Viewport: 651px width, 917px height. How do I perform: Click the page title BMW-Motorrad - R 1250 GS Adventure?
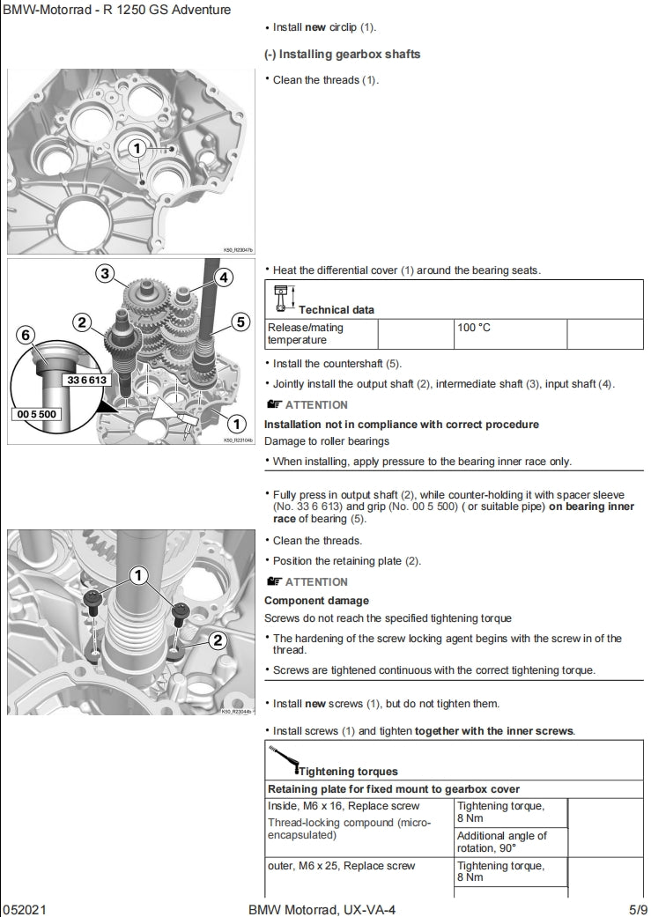click(x=117, y=10)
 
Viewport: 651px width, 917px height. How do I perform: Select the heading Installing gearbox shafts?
click(x=343, y=54)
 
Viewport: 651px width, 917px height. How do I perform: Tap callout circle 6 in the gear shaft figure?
click(x=26, y=334)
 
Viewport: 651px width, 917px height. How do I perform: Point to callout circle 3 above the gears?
click(x=105, y=274)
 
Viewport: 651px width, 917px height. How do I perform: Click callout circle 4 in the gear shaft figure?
click(x=223, y=277)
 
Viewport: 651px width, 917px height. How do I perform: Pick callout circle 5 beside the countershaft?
click(x=240, y=322)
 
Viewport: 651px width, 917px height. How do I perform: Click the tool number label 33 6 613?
click(x=85, y=380)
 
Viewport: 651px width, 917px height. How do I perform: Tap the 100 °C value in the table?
click(x=473, y=328)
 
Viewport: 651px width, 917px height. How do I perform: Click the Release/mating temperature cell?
click(x=305, y=333)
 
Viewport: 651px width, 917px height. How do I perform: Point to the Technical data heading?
click(x=336, y=309)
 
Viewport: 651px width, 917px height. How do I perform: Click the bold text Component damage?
click(x=315, y=601)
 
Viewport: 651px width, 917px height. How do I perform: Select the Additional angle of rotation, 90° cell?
click(x=501, y=841)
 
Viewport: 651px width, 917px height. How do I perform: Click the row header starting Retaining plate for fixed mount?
click(x=393, y=788)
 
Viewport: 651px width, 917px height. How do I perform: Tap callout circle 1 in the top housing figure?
click(x=137, y=149)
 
